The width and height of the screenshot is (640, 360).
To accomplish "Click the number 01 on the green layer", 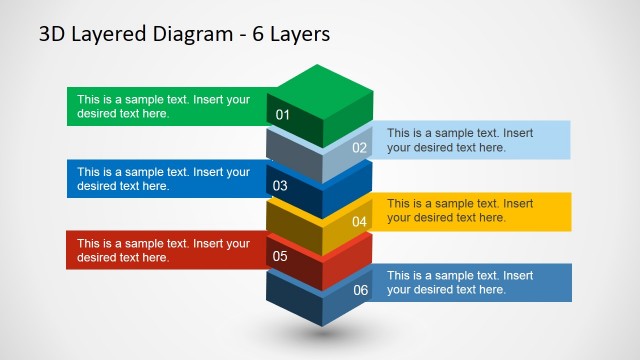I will click(282, 115).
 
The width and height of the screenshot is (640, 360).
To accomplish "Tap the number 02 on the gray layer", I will click(360, 148).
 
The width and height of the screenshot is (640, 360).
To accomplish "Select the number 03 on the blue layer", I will click(280, 185).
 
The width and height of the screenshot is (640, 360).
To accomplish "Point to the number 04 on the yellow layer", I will click(360, 221).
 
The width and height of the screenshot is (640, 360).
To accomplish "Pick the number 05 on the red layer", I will click(280, 257).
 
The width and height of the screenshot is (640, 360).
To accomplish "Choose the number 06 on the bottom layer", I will click(361, 290).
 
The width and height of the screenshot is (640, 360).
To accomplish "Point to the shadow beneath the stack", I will click(319, 335).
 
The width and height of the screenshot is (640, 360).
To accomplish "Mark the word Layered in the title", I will click(106, 35).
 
